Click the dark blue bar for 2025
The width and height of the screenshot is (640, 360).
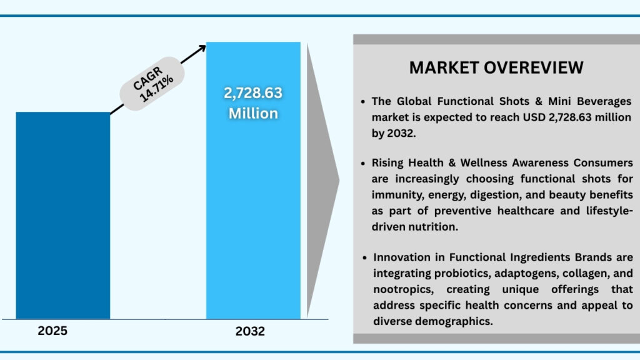[x=62, y=216]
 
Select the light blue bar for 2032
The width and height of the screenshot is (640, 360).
[x=253, y=219]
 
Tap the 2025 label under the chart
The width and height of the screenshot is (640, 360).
[x=52, y=331]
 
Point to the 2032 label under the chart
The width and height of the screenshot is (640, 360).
[x=250, y=331]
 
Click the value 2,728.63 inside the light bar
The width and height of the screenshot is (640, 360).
[x=253, y=93]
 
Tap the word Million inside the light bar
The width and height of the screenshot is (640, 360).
[x=253, y=114]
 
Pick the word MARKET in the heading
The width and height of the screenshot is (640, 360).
[x=447, y=67]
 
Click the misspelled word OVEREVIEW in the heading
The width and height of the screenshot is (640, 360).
[x=537, y=67]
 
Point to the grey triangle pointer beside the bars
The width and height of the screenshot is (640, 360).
[x=324, y=181]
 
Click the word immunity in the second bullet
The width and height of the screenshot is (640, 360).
[x=396, y=195]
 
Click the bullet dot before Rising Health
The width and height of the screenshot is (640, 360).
[x=364, y=164]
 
